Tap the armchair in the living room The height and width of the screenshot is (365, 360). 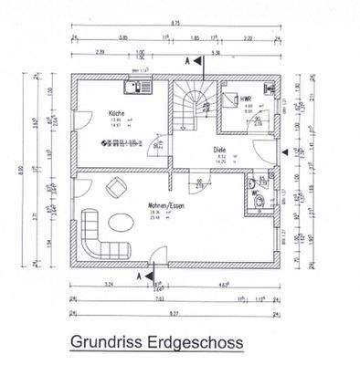(117, 188)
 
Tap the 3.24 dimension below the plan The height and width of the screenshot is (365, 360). (110, 286)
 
